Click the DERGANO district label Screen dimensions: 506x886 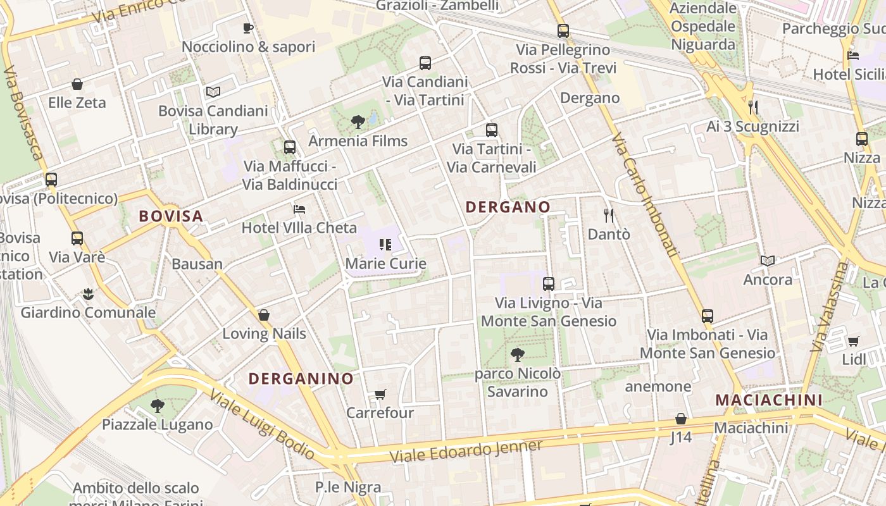[508, 207]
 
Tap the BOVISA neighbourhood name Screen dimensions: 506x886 [171, 216]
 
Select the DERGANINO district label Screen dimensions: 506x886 [301, 379]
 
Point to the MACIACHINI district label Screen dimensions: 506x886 [769, 400]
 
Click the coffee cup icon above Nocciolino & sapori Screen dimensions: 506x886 [248, 28]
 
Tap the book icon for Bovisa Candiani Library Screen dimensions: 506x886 [213, 92]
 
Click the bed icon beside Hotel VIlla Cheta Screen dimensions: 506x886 [299, 209]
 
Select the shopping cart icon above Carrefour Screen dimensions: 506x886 [380, 395]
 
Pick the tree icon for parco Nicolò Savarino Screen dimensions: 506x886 [517, 354]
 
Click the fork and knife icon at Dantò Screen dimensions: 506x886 [609, 216]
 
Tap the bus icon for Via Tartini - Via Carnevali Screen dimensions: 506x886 [492, 130]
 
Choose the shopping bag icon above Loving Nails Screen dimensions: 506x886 [264, 315]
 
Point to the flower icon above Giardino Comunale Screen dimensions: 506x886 [88, 293]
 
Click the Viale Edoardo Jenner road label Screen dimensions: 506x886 [466, 450]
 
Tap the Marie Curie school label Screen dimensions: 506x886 [385, 263]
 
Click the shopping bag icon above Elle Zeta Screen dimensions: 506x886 [77, 84]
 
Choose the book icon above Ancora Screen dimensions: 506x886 [768, 261]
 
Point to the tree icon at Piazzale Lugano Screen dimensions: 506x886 [158, 405]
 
